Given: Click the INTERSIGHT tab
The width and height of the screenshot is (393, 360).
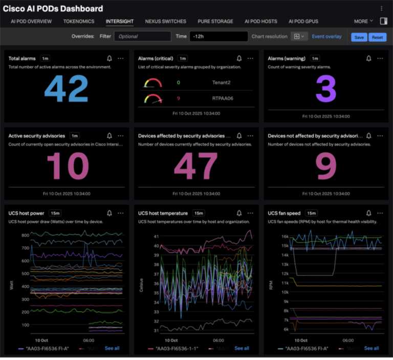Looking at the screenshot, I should coord(119,22).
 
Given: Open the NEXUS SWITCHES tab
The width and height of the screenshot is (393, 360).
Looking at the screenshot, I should coord(165,22).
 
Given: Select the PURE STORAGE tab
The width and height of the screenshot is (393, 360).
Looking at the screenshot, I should coord(215,22).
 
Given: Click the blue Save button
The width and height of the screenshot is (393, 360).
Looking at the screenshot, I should coord(359,37).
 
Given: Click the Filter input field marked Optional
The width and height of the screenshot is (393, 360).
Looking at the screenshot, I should coord(142,37).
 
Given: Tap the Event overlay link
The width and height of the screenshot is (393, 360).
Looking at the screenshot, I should coord(326,37).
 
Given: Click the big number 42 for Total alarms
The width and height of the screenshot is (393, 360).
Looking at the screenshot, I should coord(67,89).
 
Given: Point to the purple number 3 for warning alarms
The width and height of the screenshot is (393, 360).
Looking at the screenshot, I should coord(326,89).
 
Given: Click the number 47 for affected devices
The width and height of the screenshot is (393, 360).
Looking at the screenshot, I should coord(196,166).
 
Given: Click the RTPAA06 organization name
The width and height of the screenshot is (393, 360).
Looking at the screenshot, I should coord(223,98).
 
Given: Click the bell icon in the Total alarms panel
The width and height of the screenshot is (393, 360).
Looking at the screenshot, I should coord(110,58).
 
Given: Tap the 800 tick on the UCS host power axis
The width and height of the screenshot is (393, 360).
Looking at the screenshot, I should coord(25,235).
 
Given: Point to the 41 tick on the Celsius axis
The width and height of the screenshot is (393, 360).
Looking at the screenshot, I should coord(156,237).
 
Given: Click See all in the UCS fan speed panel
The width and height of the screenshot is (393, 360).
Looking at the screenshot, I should coord(372,348).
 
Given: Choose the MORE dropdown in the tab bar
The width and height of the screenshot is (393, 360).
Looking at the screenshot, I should coord(363,22).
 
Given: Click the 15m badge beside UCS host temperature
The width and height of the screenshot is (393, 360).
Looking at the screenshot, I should coord(198,213).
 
